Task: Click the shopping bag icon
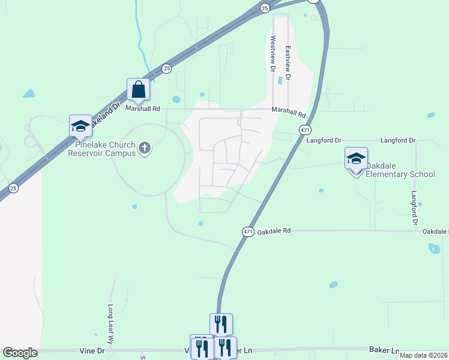138,90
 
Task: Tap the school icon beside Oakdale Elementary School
356,159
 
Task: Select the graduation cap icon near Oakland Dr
80,126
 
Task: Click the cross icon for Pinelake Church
144,148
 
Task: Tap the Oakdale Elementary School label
400,170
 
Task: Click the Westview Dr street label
273,50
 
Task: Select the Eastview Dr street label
288,63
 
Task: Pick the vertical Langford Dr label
414,208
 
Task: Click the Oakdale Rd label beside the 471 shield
274,230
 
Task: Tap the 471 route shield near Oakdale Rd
248,231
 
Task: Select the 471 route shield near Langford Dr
305,130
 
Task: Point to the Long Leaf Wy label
110,322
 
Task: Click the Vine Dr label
92,350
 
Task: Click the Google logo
20,353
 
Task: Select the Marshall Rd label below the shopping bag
143,109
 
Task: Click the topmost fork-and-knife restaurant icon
221,325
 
